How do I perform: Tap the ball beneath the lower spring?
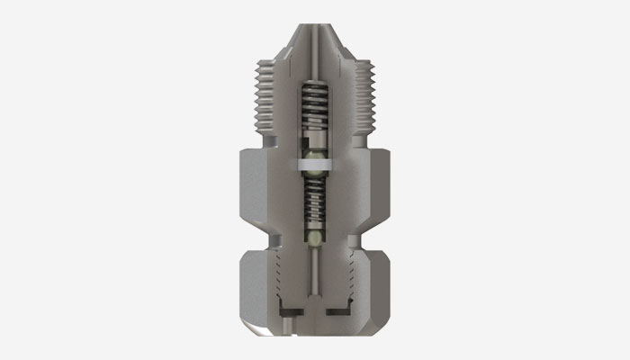point(314,238)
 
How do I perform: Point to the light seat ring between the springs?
point(314,163)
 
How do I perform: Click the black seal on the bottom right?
point(338,310)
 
